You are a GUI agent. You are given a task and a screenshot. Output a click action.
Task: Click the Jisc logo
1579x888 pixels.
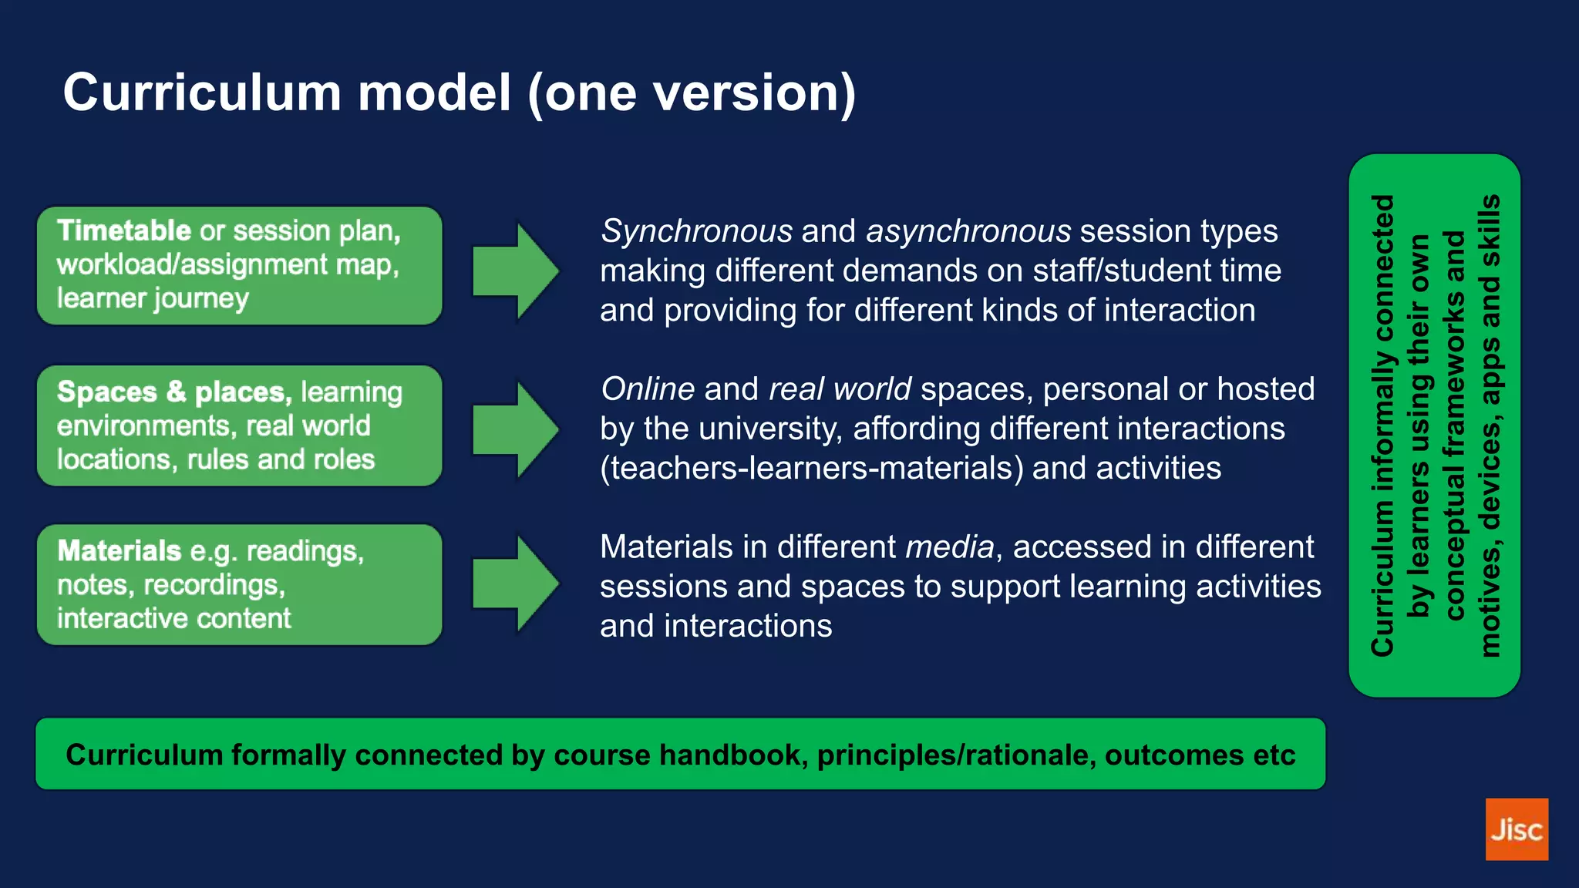pyautogui.click(x=1516, y=829)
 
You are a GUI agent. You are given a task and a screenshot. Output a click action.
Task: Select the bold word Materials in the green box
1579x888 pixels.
pyautogui.click(x=119, y=550)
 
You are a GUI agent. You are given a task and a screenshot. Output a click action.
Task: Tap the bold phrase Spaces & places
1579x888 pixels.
pyautogui.click(x=173, y=392)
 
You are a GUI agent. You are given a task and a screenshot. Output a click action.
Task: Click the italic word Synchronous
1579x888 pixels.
pyautogui.click(x=696, y=231)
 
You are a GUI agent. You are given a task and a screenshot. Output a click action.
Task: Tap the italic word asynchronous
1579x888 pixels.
pyautogui.click(x=968, y=231)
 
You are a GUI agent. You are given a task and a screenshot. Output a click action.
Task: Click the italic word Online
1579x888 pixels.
pyautogui.click(x=648, y=389)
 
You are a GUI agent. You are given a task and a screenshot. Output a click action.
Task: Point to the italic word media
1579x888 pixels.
pyautogui.click(x=949, y=547)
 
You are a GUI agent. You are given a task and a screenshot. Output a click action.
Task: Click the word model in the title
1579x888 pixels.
pyautogui.click(x=434, y=92)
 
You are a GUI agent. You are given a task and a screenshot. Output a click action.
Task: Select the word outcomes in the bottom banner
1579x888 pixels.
pyautogui.click(x=1174, y=755)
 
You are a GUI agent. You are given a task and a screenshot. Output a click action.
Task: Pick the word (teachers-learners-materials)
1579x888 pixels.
pyautogui.click(x=811, y=469)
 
